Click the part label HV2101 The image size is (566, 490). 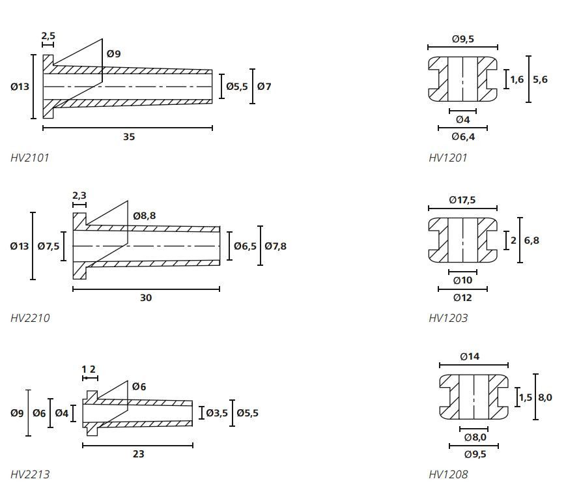30,158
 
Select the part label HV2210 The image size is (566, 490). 30,318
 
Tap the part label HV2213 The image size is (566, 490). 30,474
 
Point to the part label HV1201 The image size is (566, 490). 448,158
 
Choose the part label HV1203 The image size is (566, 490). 448,318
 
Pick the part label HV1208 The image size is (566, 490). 448,474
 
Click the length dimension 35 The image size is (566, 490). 129,137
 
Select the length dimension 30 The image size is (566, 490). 146,298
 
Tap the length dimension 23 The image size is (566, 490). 138,454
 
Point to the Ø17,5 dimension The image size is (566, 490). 462,200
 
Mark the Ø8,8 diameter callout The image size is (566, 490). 144,216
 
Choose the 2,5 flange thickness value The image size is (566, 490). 48,36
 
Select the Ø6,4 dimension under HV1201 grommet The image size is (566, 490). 463,137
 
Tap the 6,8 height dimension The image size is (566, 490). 531,240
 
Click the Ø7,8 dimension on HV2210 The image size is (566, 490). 275,246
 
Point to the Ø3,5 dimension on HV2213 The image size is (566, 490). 217,412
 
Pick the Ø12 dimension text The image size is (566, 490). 462,298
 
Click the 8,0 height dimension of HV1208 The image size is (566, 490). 545,397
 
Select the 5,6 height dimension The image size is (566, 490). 540,79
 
